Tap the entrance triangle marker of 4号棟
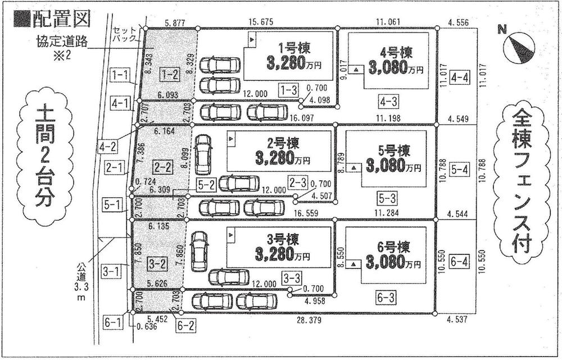pos(356,70)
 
